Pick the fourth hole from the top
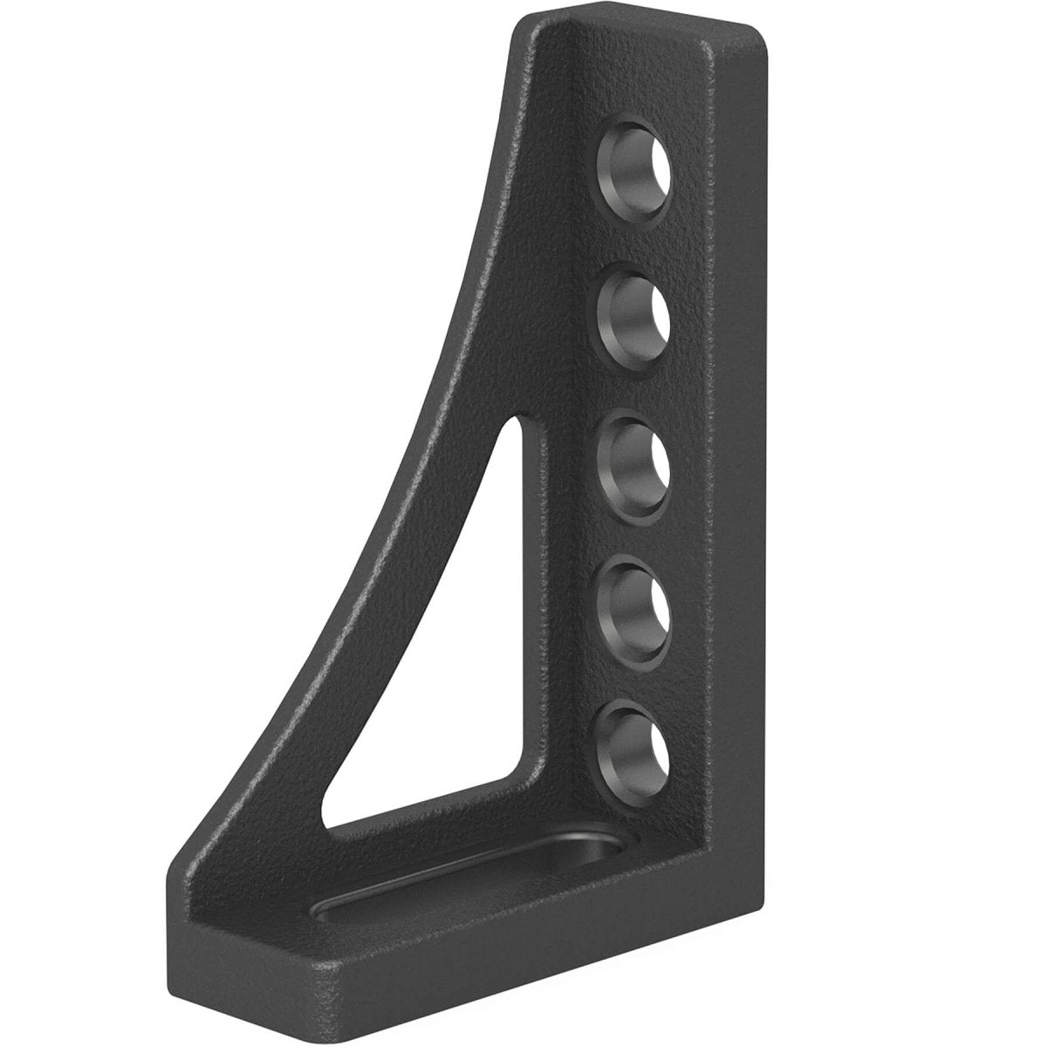point(634,602)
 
